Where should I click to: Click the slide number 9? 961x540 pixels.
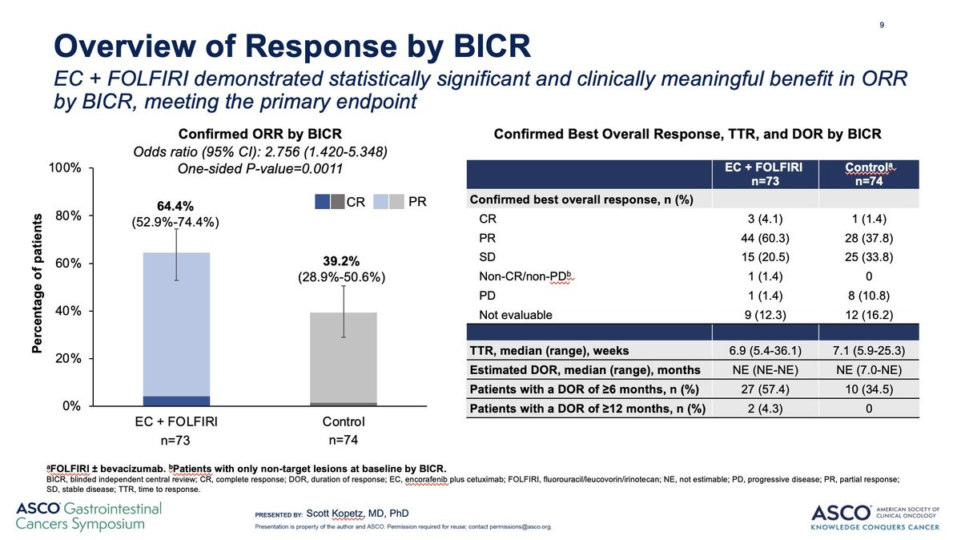pos(882,24)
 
